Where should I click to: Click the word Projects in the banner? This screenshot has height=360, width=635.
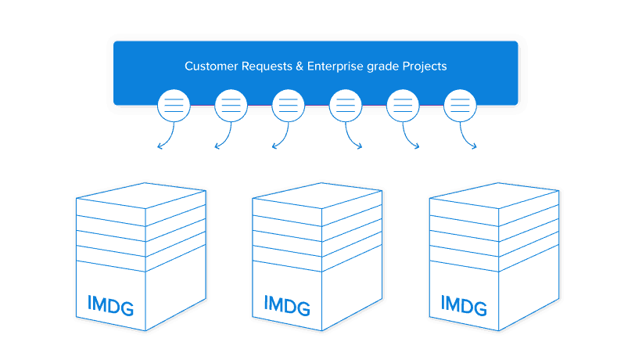[425, 67]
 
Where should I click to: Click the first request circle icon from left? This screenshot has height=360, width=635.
[174, 105]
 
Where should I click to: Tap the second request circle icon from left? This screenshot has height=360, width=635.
[231, 105]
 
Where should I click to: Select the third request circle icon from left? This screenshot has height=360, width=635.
[288, 105]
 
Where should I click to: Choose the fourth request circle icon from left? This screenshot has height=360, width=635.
[346, 105]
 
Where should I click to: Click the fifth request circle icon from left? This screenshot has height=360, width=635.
[403, 105]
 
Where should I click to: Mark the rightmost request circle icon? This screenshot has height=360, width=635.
[460, 105]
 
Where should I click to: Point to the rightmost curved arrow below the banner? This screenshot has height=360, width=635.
[468, 138]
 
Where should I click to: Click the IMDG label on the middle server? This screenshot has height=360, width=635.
[287, 304]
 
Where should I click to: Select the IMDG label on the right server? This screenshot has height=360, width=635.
[465, 304]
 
